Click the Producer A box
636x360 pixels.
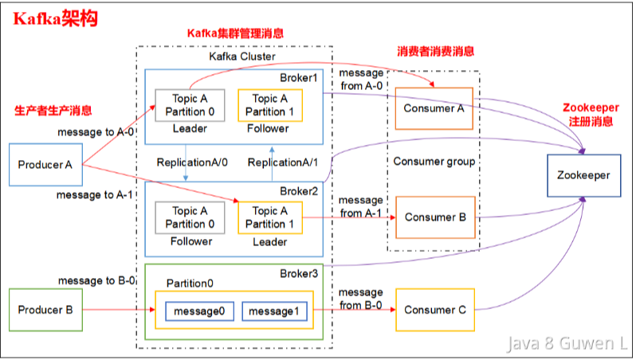45,166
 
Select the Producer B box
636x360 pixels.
45,310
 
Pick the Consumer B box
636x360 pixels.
434,217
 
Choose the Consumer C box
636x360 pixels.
434,310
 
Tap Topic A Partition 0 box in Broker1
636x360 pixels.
190,105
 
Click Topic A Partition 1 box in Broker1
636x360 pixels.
270,105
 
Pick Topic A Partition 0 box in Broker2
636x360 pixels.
190,217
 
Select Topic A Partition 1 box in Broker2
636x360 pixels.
270,217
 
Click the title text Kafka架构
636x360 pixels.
55,18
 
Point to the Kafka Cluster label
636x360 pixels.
235,57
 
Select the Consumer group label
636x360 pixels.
434,162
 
